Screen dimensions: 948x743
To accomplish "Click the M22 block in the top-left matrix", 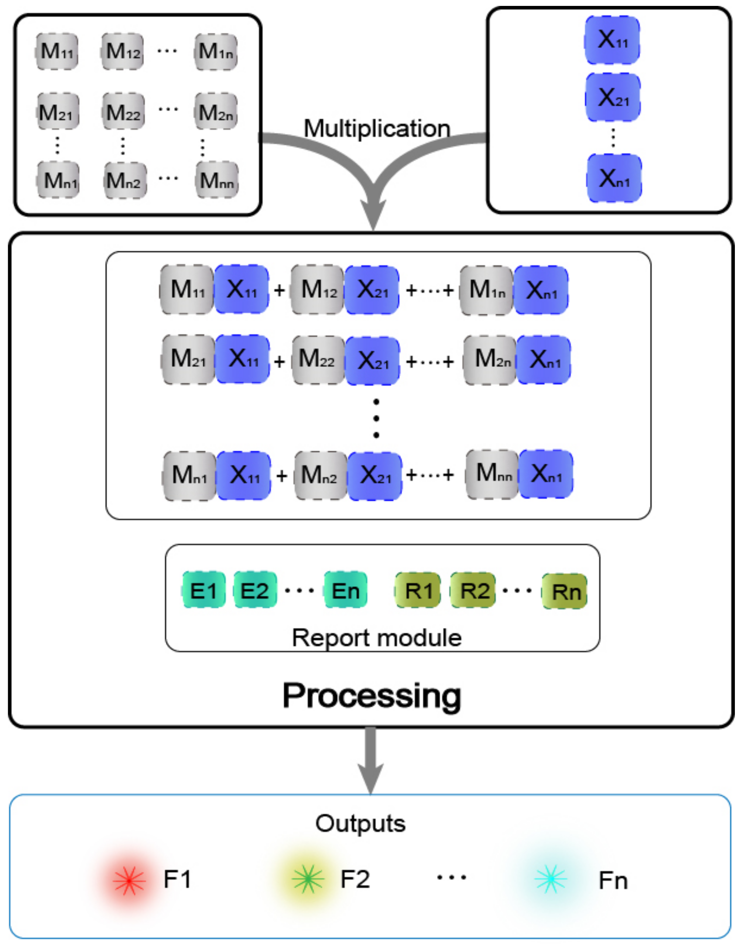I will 123,112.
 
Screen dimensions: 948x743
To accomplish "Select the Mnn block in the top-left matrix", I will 217,180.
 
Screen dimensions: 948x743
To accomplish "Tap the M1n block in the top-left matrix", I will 216,51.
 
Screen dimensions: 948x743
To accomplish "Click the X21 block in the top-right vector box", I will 613,97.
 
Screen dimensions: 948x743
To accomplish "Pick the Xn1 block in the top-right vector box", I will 614,178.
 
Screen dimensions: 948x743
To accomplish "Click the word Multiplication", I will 377,129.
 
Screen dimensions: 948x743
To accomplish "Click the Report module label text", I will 377,638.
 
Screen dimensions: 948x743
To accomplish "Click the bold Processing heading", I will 371,695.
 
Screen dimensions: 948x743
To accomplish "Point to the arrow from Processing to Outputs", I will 371,759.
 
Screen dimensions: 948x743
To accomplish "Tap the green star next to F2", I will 308,879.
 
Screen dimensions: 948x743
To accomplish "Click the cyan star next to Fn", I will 550,879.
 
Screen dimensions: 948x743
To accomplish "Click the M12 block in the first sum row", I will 318,289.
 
